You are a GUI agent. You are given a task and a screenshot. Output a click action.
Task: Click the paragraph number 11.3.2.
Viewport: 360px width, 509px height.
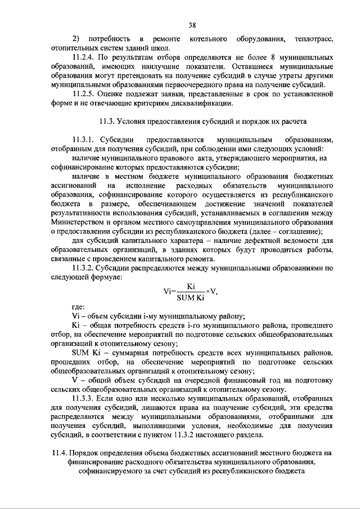pyautogui.click(x=85, y=269)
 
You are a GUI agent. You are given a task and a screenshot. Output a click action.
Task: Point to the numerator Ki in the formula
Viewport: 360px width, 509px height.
pyautogui.click(x=191, y=286)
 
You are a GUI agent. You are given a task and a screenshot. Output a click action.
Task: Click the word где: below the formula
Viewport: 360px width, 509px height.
pyautogui.click(x=78, y=307)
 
